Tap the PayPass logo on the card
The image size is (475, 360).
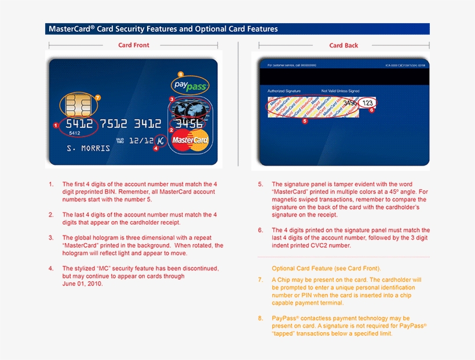click(190, 86)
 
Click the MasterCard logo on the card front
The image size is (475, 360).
click(190, 140)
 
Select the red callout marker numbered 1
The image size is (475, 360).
click(56, 124)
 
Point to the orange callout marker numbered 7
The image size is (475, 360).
click(97, 97)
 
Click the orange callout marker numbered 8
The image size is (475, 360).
click(180, 74)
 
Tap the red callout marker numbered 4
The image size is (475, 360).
click(155, 148)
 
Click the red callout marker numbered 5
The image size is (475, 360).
click(305, 122)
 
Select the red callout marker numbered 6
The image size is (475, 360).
click(372, 110)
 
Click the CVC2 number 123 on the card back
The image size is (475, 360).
click(367, 103)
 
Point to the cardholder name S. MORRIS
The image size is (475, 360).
click(88, 148)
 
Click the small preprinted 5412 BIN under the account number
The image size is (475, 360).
click(75, 133)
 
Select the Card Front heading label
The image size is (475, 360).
click(133, 45)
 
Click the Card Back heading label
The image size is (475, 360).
click(344, 45)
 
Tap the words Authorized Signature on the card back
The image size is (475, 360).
click(284, 91)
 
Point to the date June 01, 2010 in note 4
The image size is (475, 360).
click(82, 284)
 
